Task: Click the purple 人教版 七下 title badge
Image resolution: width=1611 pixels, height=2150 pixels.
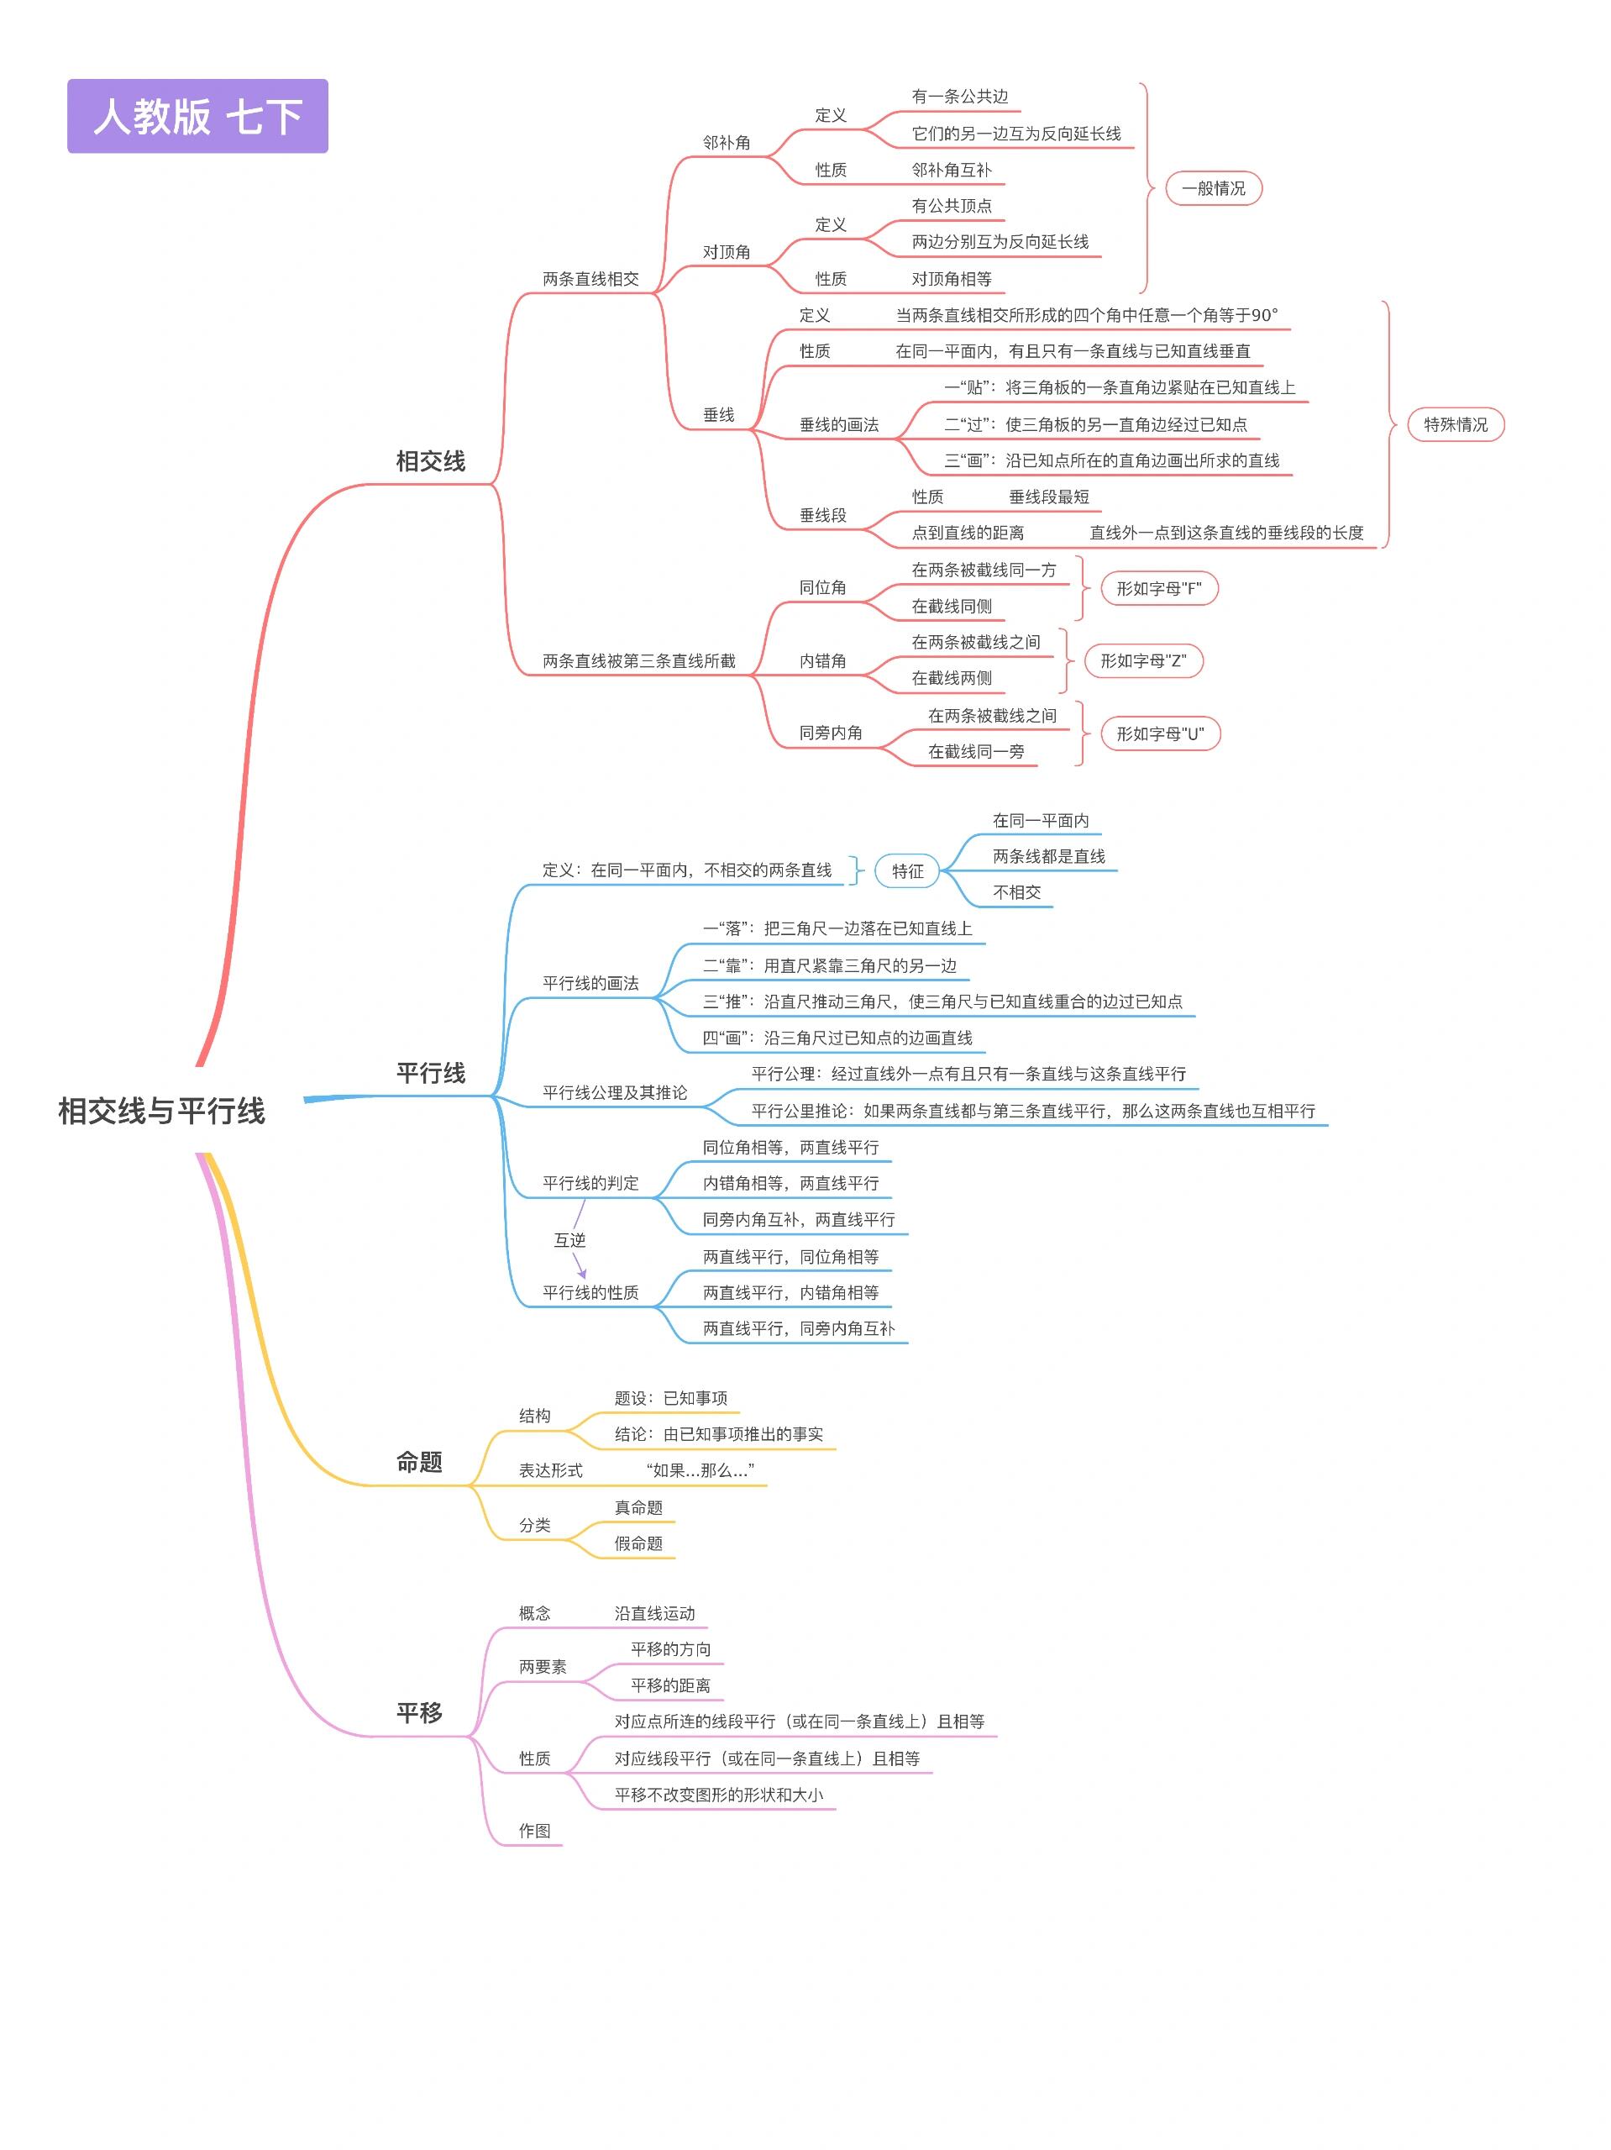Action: (197, 116)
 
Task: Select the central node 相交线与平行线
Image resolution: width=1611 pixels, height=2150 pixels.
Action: (161, 1110)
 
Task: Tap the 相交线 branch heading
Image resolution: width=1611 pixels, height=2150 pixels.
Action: (430, 460)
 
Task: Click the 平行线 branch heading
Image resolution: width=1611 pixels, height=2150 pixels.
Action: (430, 1072)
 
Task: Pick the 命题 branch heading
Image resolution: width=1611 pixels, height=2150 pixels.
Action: (419, 1461)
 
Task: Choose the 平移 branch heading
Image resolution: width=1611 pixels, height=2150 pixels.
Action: (419, 1711)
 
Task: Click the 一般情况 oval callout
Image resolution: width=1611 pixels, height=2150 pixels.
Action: (1213, 188)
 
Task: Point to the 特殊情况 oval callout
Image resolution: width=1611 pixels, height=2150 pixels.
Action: (1455, 425)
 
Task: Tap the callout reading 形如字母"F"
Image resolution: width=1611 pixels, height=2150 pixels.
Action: (1158, 588)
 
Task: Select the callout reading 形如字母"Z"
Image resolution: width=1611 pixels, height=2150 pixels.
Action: (1142, 661)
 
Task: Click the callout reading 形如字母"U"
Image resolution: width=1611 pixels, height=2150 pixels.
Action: (1159, 733)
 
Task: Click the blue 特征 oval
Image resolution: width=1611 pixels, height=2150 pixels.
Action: (907, 871)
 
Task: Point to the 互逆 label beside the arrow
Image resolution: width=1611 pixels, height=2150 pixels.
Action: (569, 1239)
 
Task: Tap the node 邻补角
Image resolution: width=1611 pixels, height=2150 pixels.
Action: (727, 143)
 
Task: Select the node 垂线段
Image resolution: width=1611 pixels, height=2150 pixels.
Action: (822, 515)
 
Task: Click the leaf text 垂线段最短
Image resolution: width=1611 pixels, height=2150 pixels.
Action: (1048, 497)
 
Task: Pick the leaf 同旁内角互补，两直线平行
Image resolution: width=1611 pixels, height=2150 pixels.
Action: (799, 1219)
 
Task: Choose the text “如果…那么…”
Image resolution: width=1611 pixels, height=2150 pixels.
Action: (700, 1470)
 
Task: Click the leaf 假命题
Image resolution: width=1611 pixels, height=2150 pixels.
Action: (638, 1543)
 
